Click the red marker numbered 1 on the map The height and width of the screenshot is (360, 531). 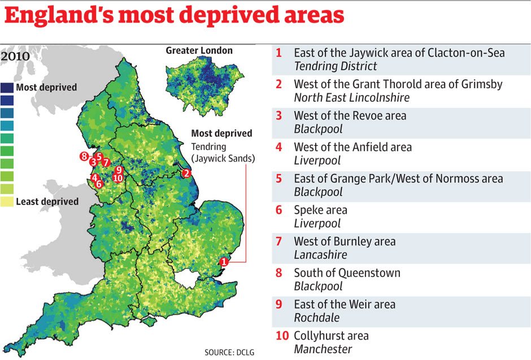224,261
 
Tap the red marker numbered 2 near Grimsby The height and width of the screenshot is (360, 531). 186,174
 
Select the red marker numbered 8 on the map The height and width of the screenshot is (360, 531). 84,157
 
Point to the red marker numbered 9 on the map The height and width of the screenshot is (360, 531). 118,170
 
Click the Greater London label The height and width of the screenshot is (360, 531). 199,51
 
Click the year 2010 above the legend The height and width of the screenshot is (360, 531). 15,57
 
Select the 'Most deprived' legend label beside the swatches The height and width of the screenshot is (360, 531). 46,88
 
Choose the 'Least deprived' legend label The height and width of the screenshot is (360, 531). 47,202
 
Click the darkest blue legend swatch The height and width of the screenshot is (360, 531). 7,88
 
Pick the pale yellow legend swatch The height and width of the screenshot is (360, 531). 7,201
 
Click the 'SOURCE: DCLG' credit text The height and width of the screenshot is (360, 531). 229,352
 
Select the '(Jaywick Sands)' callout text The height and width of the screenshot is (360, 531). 223,159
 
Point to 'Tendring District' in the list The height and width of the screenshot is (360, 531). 335,66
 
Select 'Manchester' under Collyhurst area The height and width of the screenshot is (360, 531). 323,349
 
